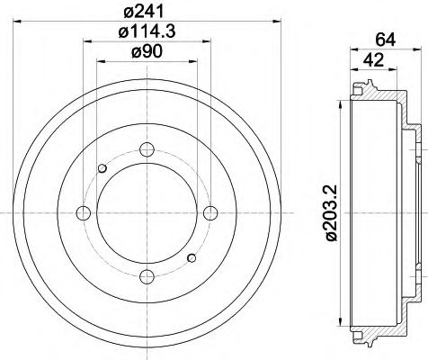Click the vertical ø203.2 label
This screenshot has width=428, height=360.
pos(331,211)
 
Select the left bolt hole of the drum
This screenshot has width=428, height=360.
pos(84,212)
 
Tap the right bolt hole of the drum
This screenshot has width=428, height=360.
pos(211,212)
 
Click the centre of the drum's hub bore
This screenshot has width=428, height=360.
pos(147,212)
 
